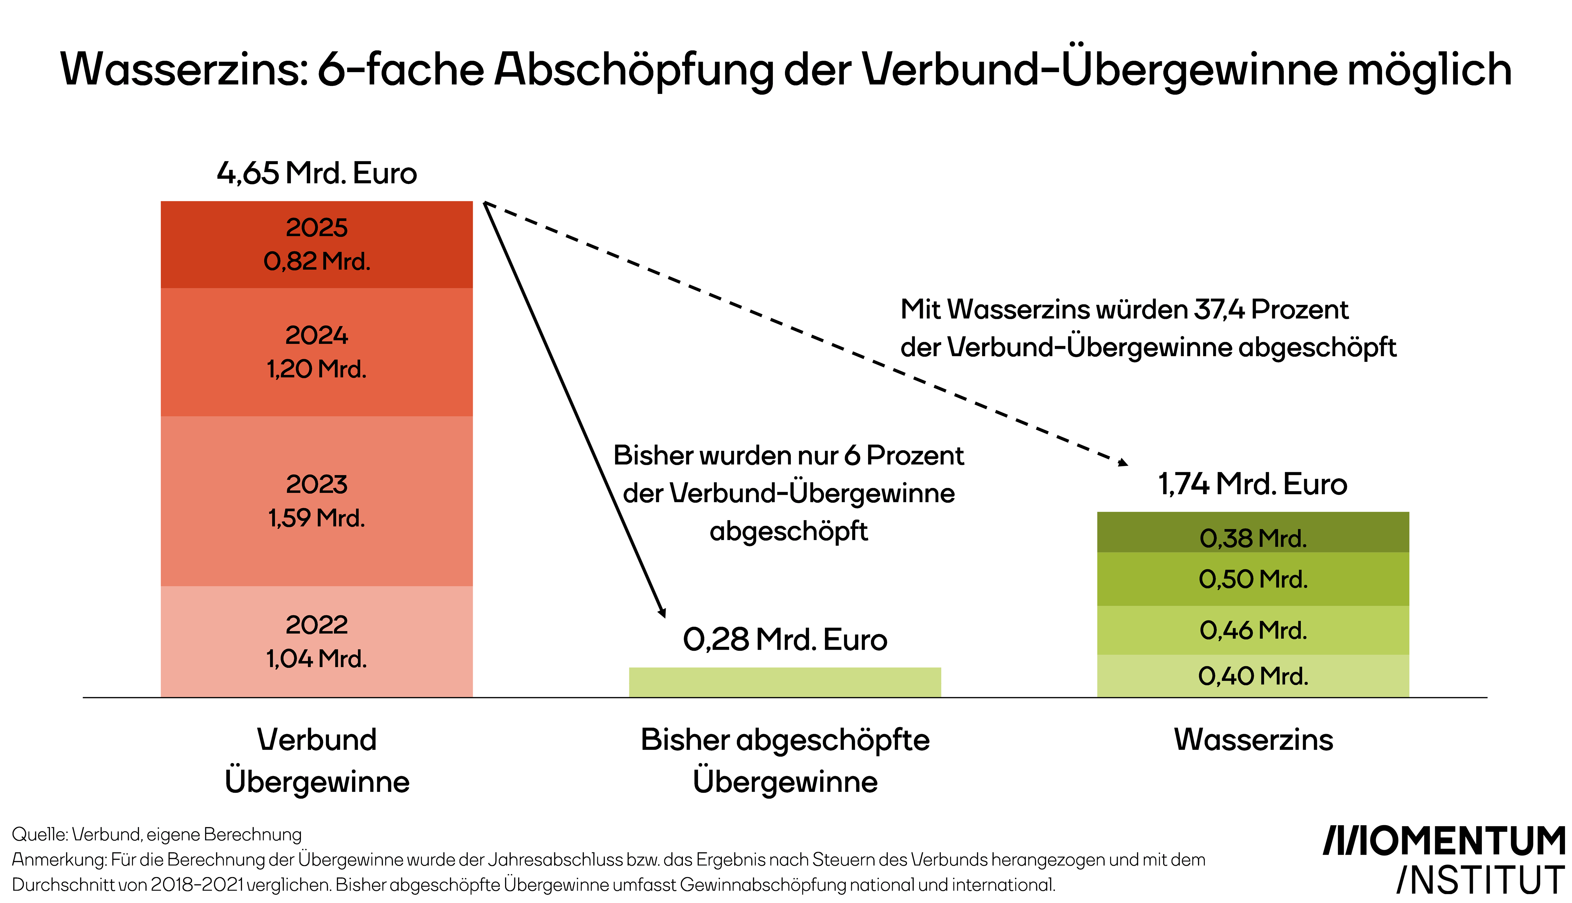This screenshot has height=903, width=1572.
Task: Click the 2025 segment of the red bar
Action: (316, 244)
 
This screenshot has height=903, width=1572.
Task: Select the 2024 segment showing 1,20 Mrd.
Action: (316, 352)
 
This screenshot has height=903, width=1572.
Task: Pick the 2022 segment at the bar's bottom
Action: (316, 641)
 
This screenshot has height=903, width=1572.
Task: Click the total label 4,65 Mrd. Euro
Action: (316, 173)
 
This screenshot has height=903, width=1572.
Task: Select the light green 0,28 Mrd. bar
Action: (784, 682)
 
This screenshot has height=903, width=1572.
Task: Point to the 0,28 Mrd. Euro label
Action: (784, 639)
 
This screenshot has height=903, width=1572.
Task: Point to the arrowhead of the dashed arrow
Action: (1123, 462)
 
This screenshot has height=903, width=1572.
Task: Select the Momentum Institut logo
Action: (1445, 860)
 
